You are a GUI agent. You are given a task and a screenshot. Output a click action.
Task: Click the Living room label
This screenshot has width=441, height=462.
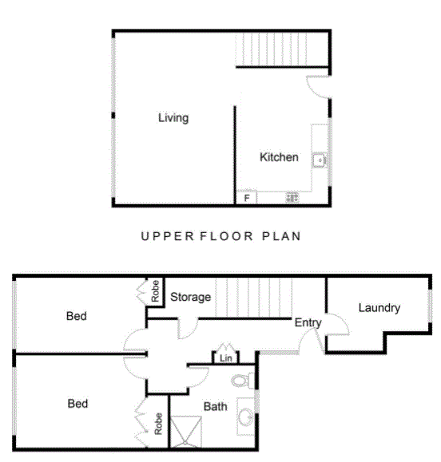(x=173, y=118)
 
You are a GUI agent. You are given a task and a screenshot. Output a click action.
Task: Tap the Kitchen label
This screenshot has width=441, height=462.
(x=279, y=157)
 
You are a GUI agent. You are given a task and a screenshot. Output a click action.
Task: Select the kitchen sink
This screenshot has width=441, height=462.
(x=320, y=160)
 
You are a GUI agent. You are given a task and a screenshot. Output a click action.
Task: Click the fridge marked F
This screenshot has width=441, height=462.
(x=247, y=198)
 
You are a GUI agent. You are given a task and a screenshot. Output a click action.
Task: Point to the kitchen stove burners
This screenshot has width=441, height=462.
(x=292, y=198)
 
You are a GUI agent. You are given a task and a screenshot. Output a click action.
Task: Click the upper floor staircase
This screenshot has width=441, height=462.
(x=272, y=49)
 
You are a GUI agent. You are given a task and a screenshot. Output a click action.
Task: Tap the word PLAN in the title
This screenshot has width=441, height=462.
(x=282, y=236)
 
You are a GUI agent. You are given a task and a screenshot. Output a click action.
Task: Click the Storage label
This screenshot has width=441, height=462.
(x=191, y=297)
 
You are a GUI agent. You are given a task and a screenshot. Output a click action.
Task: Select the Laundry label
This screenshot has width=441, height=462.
(x=379, y=308)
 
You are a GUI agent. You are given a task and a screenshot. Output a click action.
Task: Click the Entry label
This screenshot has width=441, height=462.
(x=308, y=322)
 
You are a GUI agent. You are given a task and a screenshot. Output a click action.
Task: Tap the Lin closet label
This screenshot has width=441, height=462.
(x=225, y=358)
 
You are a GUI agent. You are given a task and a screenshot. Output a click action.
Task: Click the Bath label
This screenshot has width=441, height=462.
(x=216, y=407)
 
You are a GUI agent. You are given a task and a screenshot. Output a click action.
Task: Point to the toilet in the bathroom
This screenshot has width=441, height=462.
(x=243, y=381)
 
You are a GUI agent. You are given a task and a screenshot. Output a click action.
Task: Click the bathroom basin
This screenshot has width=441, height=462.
(x=245, y=417)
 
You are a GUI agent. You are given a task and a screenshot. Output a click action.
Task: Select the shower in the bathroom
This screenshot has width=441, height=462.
(x=186, y=432)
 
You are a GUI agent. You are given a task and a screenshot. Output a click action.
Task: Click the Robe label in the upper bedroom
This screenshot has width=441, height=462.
(x=155, y=291)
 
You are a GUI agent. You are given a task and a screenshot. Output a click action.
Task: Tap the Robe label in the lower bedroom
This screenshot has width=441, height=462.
(x=158, y=424)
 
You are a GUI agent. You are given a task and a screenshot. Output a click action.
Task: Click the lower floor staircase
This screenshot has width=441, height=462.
(x=254, y=298)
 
